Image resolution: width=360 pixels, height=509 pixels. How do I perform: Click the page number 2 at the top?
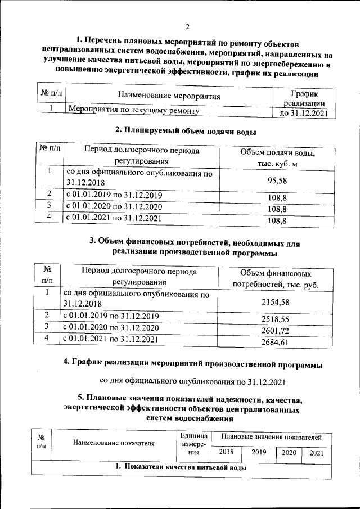[187, 26]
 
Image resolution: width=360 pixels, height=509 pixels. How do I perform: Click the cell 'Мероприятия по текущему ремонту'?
[133, 111]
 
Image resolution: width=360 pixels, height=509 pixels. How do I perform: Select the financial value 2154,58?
[275, 302]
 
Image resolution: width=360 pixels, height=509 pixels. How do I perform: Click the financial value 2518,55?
[275, 318]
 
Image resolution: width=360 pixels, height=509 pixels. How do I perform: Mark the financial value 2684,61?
[275, 342]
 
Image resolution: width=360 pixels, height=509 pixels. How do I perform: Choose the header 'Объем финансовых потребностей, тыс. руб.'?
[275, 280]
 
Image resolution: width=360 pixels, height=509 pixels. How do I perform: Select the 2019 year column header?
[259, 452]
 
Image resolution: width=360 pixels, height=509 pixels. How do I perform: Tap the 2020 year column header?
[289, 452]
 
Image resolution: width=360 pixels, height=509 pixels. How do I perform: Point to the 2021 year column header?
[317, 452]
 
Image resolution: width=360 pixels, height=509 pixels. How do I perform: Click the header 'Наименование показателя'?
[113, 443]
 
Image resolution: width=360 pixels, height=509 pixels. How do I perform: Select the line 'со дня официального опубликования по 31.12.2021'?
[193, 382]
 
